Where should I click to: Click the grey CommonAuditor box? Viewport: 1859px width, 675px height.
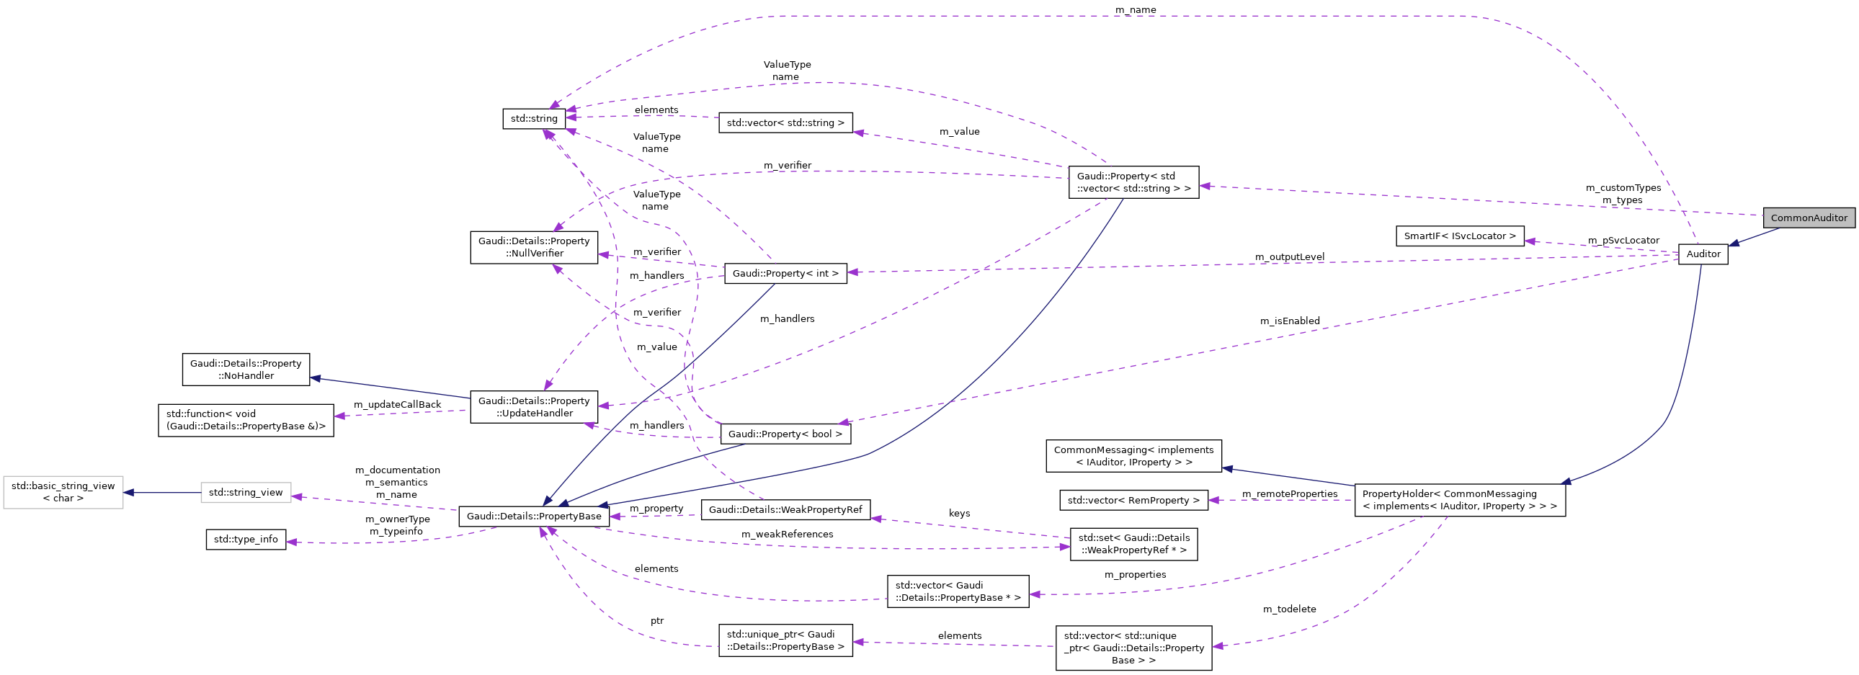1809,218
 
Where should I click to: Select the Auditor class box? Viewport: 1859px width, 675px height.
1703,254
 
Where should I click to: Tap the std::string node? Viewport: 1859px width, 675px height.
534,118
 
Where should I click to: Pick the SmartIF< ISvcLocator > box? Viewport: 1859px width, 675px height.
1459,236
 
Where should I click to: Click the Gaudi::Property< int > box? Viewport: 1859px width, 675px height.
785,273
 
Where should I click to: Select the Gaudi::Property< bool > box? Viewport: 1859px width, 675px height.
785,434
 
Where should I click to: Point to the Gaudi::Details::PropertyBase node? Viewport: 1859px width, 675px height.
534,517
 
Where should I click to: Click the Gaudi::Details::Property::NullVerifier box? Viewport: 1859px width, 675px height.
534,247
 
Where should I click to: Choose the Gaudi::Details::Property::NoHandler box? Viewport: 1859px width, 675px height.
246,370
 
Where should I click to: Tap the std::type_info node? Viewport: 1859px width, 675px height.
246,540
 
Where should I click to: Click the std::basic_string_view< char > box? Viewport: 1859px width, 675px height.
63,492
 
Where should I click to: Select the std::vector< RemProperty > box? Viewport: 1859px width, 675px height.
1133,501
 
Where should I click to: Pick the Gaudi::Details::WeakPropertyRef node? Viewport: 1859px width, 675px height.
785,510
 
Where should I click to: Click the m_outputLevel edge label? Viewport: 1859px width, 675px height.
1289,256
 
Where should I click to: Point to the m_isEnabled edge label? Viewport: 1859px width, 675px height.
1290,321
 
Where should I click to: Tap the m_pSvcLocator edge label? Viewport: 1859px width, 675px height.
1623,240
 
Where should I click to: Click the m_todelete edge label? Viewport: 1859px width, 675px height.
1289,609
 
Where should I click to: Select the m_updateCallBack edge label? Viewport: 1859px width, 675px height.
397,405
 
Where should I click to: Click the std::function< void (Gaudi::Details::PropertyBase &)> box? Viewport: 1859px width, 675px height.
246,420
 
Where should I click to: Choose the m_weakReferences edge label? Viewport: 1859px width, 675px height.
787,535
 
